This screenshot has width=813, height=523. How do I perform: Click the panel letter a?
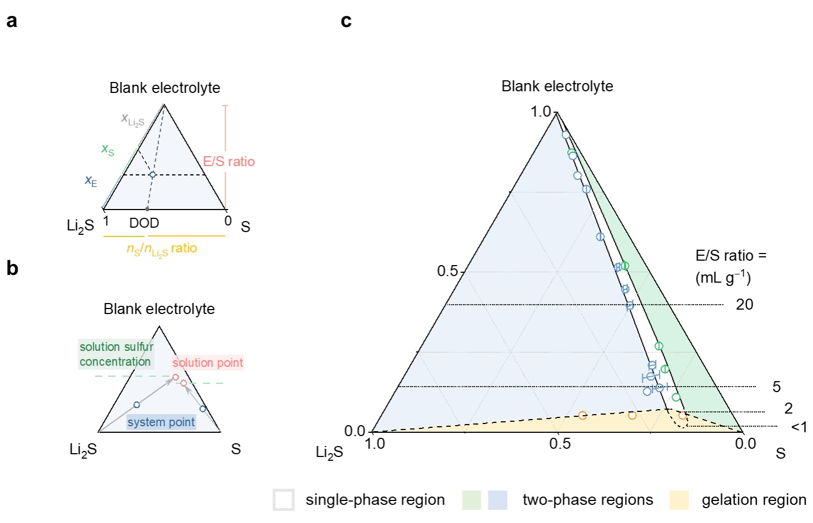(x=12, y=21)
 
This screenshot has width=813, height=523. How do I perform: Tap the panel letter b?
(x=12, y=268)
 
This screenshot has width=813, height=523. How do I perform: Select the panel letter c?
(x=346, y=21)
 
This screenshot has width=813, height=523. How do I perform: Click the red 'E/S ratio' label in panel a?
(x=229, y=161)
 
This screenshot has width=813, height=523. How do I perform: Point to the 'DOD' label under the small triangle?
(x=144, y=223)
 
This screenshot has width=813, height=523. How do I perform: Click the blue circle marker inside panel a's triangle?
(x=153, y=175)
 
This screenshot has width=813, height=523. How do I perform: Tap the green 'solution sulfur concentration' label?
(x=116, y=354)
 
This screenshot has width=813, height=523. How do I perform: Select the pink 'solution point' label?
(x=207, y=362)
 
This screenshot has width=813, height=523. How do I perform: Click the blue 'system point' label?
(x=161, y=422)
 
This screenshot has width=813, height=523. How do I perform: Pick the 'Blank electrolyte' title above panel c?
(x=557, y=86)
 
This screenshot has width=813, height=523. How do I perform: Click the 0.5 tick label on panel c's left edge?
(x=447, y=271)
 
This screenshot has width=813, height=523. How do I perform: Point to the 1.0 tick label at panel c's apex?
(x=540, y=112)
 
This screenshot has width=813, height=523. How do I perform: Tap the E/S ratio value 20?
(x=744, y=304)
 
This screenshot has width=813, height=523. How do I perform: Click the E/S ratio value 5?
(x=776, y=387)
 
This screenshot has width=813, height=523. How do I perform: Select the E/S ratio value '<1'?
(x=799, y=427)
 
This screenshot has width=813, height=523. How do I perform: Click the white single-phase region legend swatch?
(x=284, y=500)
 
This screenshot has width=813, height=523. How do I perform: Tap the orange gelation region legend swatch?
(x=679, y=500)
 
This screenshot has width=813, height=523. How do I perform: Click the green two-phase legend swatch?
(x=471, y=500)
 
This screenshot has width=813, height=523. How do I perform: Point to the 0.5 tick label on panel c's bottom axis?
(x=559, y=444)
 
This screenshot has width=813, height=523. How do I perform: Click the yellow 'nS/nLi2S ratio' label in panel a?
(x=162, y=249)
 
